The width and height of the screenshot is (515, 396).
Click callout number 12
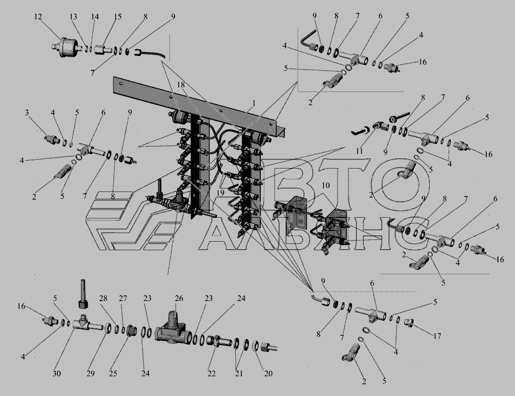click(x=38, y=17)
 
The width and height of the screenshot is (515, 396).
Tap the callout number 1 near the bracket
click(x=253, y=103)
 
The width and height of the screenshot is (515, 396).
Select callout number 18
click(x=181, y=85)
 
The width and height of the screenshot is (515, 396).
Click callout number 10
click(x=325, y=185)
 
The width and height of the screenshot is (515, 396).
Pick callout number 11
click(x=359, y=151)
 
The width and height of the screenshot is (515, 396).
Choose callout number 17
click(x=437, y=335)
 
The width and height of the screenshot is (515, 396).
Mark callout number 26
click(x=179, y=298)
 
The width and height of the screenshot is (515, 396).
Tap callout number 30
click(x=57, y=373)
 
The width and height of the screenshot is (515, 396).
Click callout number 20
click(x=268, y=373)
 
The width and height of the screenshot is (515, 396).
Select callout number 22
click(x=212, y=373)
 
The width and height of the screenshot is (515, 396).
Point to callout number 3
click(x=26, y=113)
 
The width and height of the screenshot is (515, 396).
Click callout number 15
click(x=117, y=17)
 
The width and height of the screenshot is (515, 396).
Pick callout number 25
click(x=113, y=373)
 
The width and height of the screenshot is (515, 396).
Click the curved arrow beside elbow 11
click(x=362, y=131)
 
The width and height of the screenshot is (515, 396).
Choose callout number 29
click(x=90, y=373)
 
